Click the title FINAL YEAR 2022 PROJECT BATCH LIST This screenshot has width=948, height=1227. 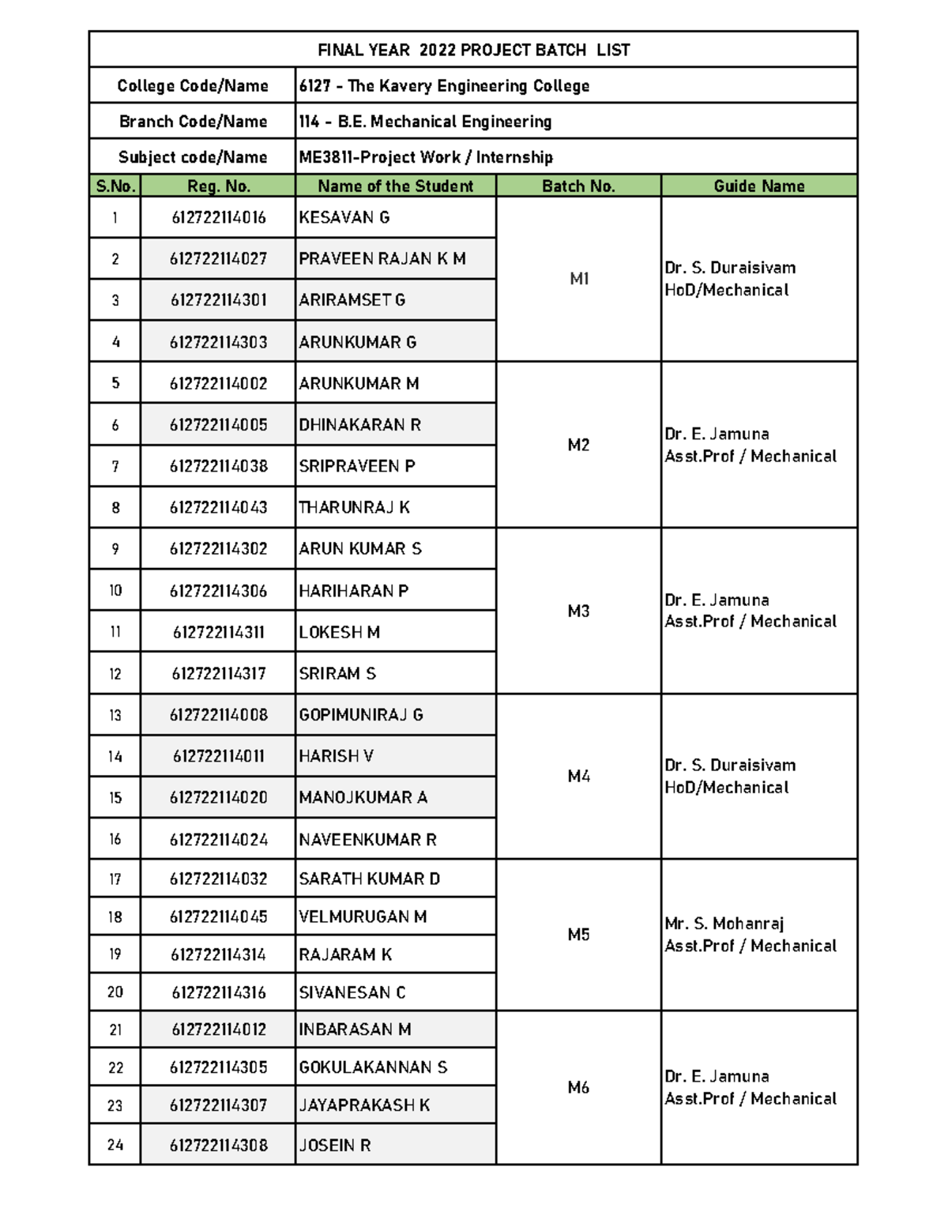(x=473, y=50)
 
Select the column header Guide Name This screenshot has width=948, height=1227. (x=758, y=186)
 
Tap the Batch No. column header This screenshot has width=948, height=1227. (x=578, y=186)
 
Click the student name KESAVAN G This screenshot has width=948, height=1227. (x=344, y=217)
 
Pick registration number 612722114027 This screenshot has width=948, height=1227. (x=218, y=258)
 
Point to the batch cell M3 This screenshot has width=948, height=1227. (x=578, y=611)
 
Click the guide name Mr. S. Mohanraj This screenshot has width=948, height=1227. (x=724, y=924)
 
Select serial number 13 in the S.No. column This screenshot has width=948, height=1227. (x=115, y=715)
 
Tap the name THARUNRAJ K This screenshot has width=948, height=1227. (x=354, y=507)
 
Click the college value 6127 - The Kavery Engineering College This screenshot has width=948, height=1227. (x=444, y=85)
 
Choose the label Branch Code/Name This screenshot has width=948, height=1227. (x=193, y=121)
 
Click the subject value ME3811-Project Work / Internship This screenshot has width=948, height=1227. (x=426, y=156)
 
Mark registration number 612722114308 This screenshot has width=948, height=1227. (x=218, y=1145)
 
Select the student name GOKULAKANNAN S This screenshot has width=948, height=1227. (x=373, y=1067)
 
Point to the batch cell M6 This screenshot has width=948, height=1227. (x=578, y=1087)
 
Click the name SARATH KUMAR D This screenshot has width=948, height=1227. (x=369, y=879)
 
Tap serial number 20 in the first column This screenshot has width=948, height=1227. (x=115, y=992)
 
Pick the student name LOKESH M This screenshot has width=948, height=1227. (x=340, y=632)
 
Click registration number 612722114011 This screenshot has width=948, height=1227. (x=218, y=756)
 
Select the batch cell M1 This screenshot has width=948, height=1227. (x=579, y=279)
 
